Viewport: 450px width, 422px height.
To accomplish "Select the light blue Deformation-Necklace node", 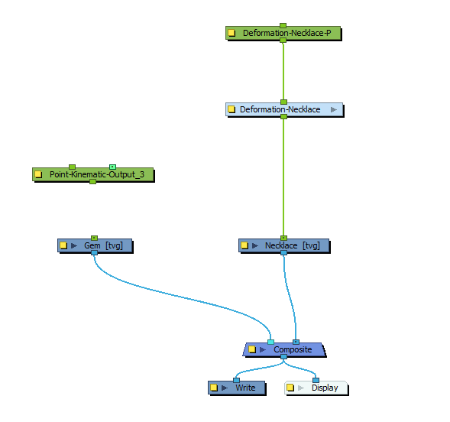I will coord(280,109).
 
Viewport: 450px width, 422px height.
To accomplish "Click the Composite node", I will coord(293,349).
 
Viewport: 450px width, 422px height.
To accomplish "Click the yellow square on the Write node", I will coord(215,388).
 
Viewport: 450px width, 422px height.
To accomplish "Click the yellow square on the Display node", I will coord(290,388).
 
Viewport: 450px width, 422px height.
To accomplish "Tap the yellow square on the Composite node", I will coord(251,349).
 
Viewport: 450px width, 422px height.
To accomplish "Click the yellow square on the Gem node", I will coord(63,245).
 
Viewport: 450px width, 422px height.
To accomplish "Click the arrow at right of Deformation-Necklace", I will coord(334,109).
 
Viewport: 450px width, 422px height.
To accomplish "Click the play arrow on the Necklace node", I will coord(255,245).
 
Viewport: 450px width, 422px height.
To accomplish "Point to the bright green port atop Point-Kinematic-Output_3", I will coord(112,166).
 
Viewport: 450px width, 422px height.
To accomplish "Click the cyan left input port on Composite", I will coord(270,342).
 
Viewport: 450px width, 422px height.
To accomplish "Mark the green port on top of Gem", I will coord(94,238).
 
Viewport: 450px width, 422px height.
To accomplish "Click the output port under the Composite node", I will coord(283,357).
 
